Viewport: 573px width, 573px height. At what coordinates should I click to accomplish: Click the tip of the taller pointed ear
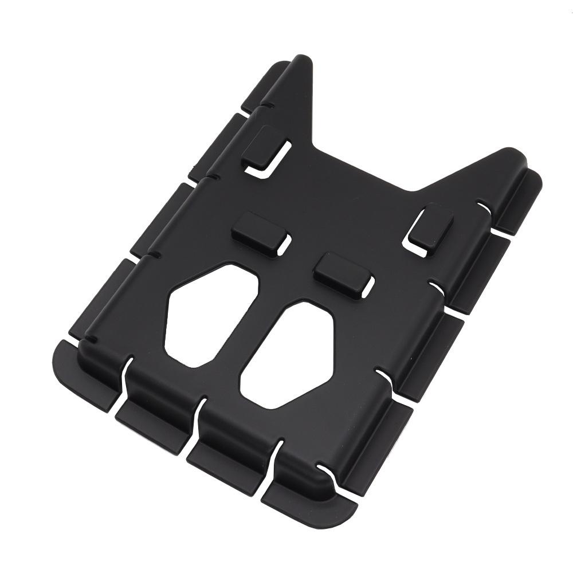click(302, 60)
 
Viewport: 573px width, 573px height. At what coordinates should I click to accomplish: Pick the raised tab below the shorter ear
click(430, 227)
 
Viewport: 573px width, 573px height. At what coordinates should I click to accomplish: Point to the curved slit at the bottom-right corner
click(332, 476)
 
